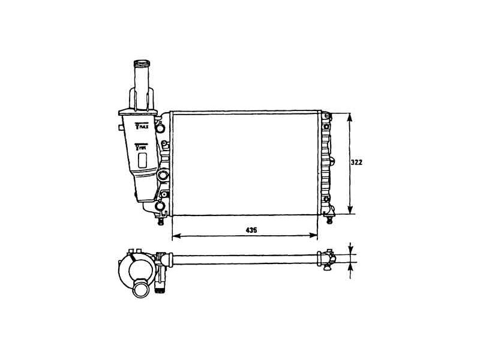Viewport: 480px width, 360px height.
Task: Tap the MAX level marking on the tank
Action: coord(142,127)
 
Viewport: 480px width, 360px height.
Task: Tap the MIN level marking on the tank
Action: coord(142,146)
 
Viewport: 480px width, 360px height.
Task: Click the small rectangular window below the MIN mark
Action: coord(143,160)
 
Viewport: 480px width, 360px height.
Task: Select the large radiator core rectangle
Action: coord(245,163)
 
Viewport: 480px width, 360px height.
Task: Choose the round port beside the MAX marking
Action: coord(160,128)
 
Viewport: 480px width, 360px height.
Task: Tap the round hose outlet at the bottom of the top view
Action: coord(140,289)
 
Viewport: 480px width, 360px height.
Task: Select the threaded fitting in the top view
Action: coord(160,287)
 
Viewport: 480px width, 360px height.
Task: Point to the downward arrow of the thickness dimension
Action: coord(350,251)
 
